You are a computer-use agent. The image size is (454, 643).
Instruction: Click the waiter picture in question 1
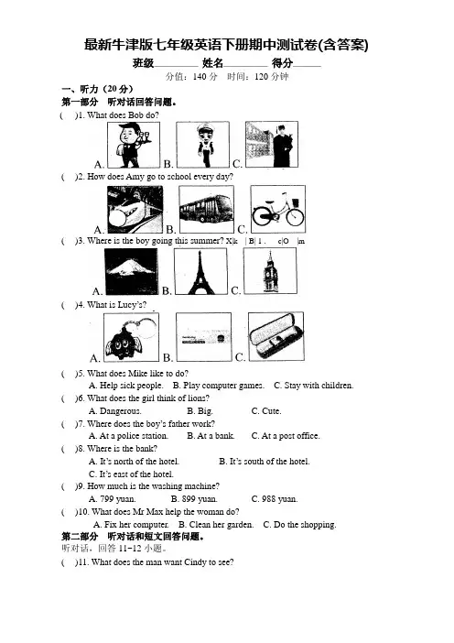click(x=134, y=145)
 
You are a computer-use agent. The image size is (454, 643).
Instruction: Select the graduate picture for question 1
click(x=272, y=145)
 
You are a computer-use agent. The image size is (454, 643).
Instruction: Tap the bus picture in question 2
click(x=207, y=209)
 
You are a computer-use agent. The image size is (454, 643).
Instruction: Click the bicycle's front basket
click(x=296, y=202)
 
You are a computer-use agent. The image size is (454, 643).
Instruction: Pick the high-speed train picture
click(x=135, y=209)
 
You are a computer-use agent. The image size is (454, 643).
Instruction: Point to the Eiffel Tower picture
click(x=200, y=271)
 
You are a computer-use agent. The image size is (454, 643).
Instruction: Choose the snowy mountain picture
click(x=131, y=271)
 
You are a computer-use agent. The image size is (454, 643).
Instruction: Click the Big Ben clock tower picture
click(x=270, y=271)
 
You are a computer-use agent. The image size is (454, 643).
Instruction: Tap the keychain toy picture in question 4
click(x=131, y=337)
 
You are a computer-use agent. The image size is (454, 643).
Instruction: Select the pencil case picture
click(x=276, y=336)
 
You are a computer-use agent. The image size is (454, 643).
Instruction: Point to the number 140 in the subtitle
click(x=200, y=77)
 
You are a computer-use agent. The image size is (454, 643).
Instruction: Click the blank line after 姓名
click(x=245, y=66)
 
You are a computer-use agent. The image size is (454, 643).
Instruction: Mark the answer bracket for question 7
click(x=70, y=424)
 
